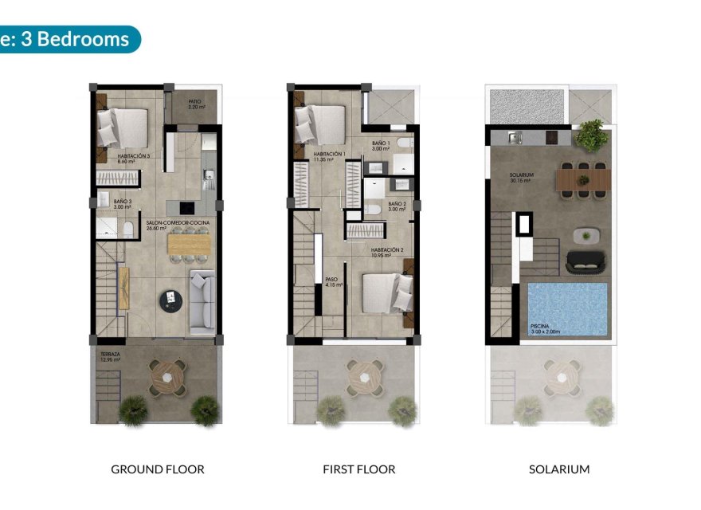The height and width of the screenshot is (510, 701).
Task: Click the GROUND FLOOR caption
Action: pyautogui.click(x=157, y=469)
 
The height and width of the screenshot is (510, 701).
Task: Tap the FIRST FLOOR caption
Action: pyautogui.click(x=358, y=469)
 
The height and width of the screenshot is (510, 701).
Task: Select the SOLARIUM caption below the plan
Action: pyautogui.click(x=559, y=469)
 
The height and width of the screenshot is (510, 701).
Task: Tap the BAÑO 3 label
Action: pyautogui.click(x=122, y=204)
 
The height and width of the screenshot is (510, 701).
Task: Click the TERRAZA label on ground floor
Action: pyautogui.click(x=110, y=355)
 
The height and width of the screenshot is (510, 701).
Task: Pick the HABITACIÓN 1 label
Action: pyautogui.click(x=328, y=156)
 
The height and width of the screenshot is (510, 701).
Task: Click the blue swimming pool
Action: pyautogui.click(x=567, y=308)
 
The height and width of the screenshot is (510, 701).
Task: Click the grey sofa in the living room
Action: pyautogui.click(x=202, y=300)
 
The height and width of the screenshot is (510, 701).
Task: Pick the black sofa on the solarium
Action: pyautogui.click(x=585, y=261)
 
